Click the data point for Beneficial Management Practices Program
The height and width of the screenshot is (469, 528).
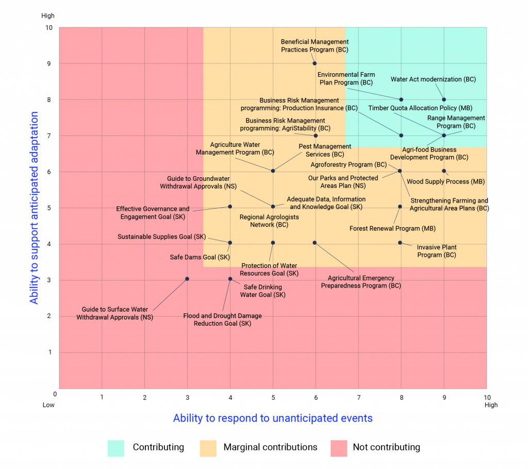click(315, 63)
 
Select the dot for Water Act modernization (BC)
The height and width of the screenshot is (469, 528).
click(444, 99)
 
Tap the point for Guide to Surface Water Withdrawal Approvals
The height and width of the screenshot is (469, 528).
click(187, 279)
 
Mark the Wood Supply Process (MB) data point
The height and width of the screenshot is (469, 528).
click(444, 171)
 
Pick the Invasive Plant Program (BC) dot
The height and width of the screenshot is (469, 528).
click(400, 243)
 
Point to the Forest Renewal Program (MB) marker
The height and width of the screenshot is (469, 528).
click(400, 207)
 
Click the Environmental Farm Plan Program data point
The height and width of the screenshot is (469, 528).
click(401, 99)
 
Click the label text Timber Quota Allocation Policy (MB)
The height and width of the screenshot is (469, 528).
click(420, 108)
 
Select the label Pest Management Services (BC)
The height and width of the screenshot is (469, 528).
click(325, 150)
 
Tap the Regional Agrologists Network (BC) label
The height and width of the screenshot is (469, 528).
click(269, 221)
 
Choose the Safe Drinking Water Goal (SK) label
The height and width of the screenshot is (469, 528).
click(262, 291)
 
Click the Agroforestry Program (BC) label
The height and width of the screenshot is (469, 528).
click(349, 165)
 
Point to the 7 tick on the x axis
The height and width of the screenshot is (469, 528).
click(358, 397)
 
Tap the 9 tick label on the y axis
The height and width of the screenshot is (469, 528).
click(48, 64)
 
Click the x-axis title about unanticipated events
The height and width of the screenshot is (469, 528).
click(273, 418)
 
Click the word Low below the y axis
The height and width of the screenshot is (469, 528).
click(48, 405)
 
